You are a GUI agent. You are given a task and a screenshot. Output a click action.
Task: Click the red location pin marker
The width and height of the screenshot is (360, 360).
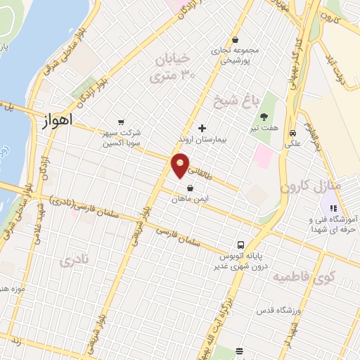(x=181, y=165)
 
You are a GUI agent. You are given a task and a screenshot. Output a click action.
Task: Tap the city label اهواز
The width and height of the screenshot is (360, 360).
(x=63, y=122)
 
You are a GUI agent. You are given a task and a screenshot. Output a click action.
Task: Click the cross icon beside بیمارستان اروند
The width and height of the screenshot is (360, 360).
(x=202, y=128)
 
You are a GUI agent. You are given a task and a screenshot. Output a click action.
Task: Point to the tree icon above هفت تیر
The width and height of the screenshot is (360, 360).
(x=264, y=117)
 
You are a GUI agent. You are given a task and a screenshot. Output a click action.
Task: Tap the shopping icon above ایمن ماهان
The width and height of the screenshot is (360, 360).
(x=191, y=188)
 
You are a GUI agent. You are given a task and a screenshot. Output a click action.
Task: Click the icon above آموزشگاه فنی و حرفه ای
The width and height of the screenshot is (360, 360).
(x=333, y=208)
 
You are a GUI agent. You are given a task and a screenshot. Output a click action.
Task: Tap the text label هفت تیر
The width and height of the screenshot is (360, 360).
(x=264, y=129)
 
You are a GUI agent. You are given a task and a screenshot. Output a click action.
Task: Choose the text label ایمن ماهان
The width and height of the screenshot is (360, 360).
(x=192, y=200)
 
